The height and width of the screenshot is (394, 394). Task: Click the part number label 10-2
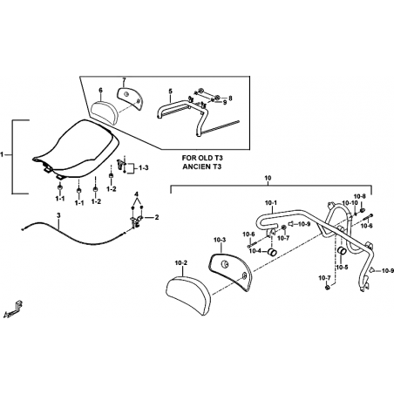tap(181, 263)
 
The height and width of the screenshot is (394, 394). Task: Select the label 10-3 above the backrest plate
tap(220, 240)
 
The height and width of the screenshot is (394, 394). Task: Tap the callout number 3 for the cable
tap(58, 215)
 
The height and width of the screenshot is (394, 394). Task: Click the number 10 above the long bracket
tap(268, 177)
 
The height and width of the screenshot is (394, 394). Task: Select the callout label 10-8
tap(360, 196)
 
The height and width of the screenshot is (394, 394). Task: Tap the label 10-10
tap(349, 203)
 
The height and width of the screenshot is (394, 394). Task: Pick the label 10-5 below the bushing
tap(342, 267)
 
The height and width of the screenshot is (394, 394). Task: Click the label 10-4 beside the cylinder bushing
tap(255, 251)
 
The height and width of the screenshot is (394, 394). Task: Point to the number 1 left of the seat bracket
tap(3, 154)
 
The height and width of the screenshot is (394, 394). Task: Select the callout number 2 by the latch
tap(157, 217)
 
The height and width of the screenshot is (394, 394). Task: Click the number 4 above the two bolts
tap(136, 194)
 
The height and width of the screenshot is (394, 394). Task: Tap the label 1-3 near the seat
tap(144, 167)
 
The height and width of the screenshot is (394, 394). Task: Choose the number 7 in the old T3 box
tap(124, 80)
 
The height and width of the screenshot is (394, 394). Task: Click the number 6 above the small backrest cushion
tap(100, 91)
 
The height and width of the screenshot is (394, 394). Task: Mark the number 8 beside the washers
tap(230, 98)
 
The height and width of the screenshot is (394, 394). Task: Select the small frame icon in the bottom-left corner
tap(13, 309)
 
